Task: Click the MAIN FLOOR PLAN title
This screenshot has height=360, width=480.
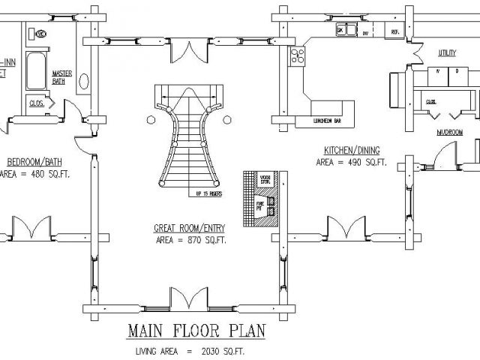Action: click(x=189, y=331)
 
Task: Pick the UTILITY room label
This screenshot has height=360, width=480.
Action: click(x=447, y=52)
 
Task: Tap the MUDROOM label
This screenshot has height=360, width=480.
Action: click(x=450, y=133)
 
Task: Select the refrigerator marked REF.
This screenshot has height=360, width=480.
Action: click(x=394, y=32)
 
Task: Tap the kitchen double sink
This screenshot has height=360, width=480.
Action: click(x=345, y=31)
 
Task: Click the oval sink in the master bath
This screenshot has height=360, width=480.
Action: click(x=84, y=80)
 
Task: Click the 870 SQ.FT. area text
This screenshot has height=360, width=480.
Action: click(x=190, y=240)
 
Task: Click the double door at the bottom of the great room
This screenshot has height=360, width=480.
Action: click(x=185, y=299)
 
